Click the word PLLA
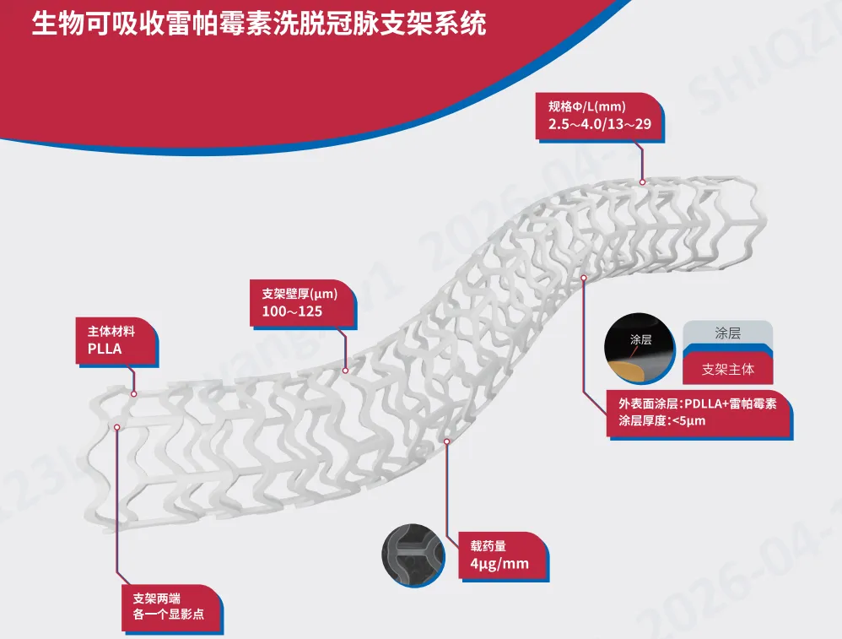pyautogui.click(x=105, y=348)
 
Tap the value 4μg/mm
pyautogui.click(x=494, y=563)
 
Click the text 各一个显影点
pyautogui.click(x=170, y=613)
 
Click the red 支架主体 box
pyautogui.click(x=726, y=369)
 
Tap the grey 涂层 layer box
pyautogui.click(x=726, y=333)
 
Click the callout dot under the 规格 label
pyautogui.click(x=642, y=181)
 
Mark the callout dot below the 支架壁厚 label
pyautogui.click(x=344, y=370)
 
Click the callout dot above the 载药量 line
pyautogui.click(x=447, y=441)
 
